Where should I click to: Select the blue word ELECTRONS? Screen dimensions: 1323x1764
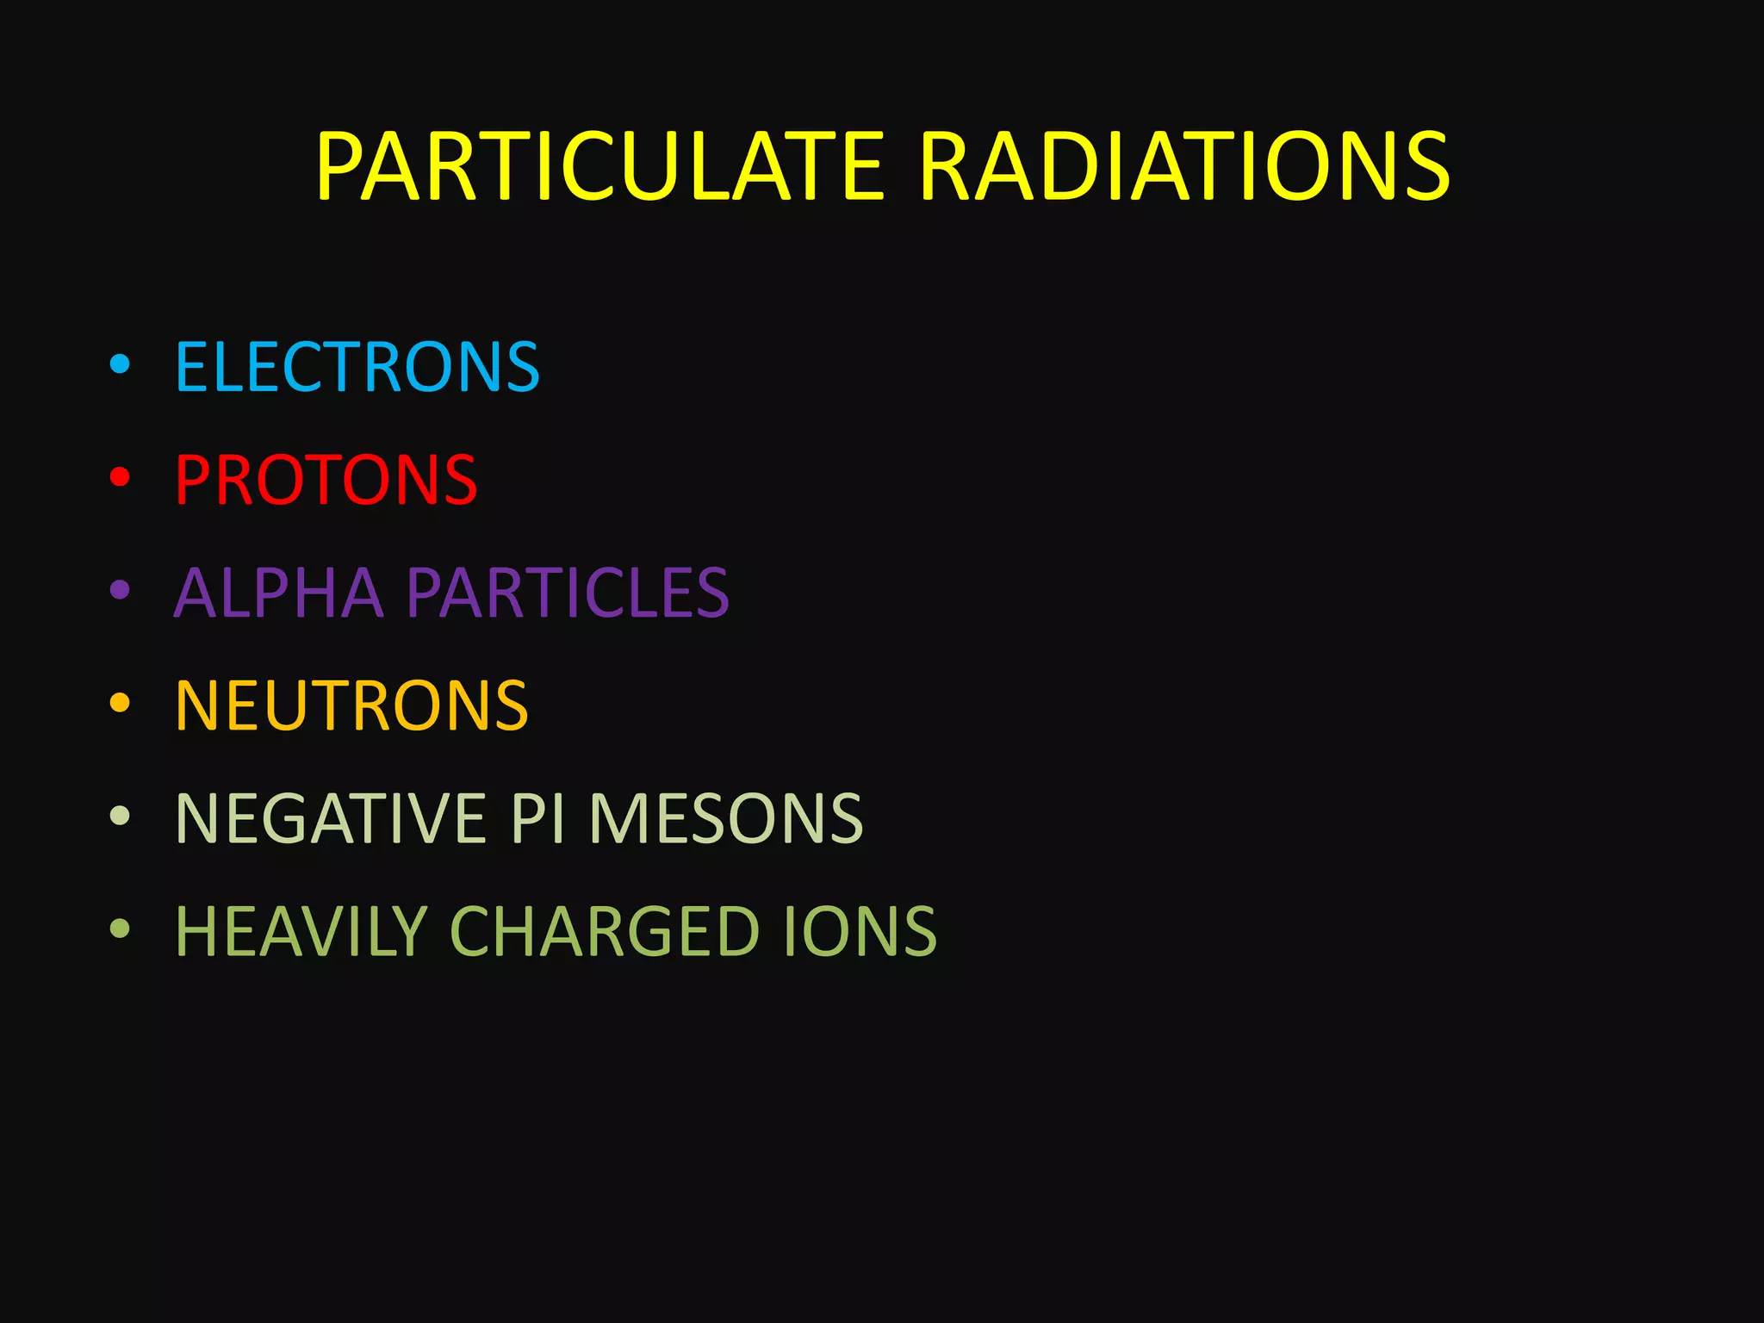coord(357,367)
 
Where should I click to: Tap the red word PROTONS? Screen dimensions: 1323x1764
coord(326,480)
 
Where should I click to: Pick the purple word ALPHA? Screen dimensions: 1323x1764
coord(278,593)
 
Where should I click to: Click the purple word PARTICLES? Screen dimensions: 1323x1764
coord(568,593)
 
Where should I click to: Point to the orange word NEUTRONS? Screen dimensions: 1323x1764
coord(351,705)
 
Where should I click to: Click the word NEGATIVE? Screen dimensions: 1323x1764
coord(331,818)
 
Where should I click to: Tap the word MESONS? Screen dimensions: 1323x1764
coord(726,818)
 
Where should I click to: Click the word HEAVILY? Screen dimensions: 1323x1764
coord(301,931)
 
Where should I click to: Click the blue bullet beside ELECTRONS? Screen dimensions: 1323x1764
coord(120,365)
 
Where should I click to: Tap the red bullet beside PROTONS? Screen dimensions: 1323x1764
coord(120,477)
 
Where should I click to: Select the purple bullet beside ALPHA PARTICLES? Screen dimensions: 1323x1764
coord(120,591)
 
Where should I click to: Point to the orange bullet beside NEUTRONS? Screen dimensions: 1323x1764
coord(120,703)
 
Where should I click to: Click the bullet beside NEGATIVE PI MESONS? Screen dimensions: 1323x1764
coord(120,816)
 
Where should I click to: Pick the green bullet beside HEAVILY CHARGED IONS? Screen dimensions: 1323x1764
coord(120,929)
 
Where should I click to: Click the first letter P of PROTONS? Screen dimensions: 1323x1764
coord(193,480)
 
